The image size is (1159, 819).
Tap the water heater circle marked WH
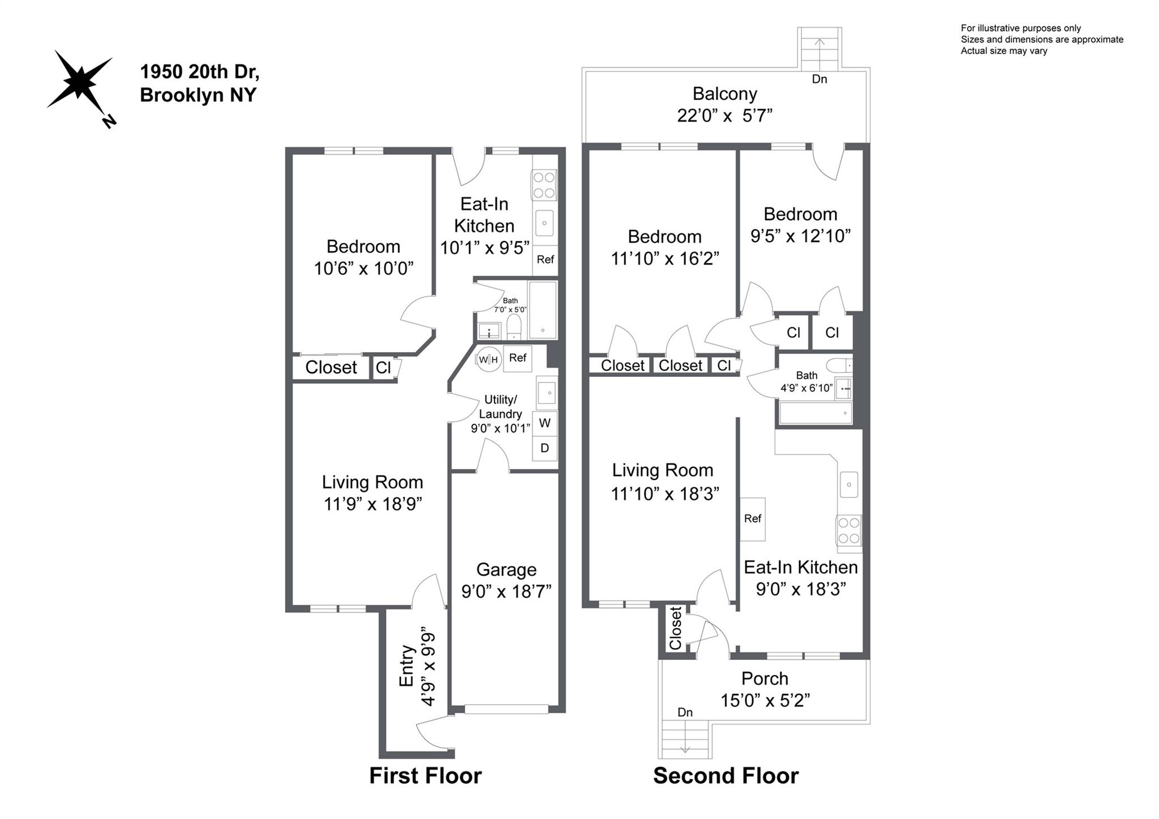(x=488, y=359)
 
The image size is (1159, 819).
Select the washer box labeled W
(x=544, y=423)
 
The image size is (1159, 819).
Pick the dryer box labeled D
(x=544, y=448)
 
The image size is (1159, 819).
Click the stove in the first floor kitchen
(x=543, y=185)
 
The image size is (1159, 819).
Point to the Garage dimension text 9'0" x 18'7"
(x=506, y=591)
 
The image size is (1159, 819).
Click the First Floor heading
(x=426, y=775)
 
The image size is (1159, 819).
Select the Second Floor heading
(x=726, y=775)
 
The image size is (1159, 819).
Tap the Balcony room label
(x=725, y=93)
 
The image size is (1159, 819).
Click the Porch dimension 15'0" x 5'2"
(x=765, y=701)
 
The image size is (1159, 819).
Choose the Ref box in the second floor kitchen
(x=753, y=519)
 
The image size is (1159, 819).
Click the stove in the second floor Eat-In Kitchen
(x=849, y=531)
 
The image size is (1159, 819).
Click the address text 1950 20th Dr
(x=200, y=72)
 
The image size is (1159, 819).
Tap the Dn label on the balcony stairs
(x=819, y=79)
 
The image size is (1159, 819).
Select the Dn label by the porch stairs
(x=685, y=712)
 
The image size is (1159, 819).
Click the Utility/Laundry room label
(x=500, y=407)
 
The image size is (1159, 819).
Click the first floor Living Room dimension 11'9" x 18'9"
(x=373, y=504)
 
